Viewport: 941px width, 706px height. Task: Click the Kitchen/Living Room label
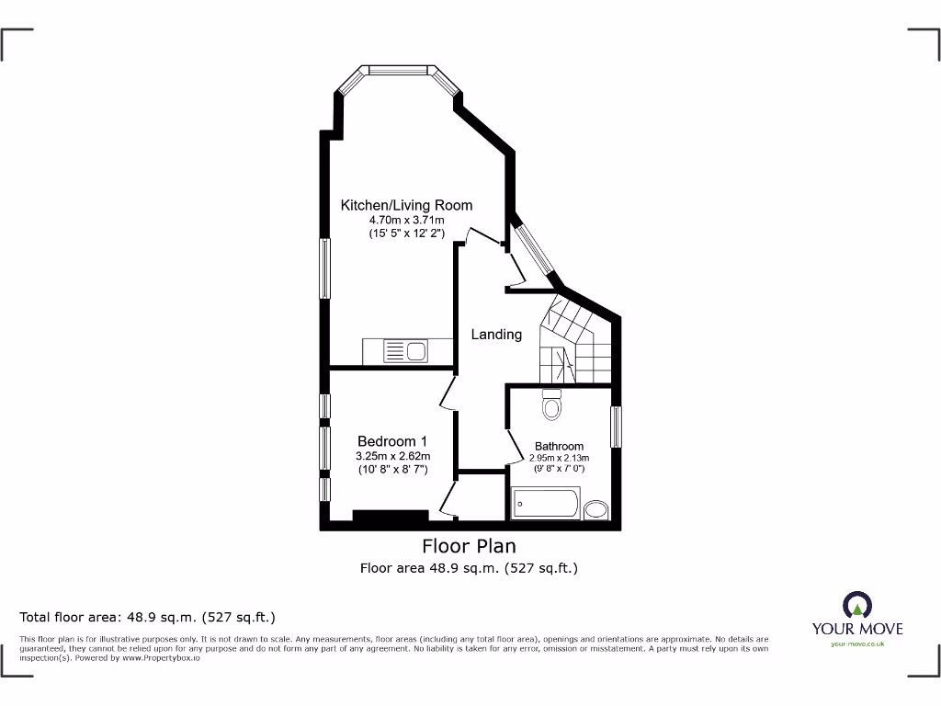tap(406, 205)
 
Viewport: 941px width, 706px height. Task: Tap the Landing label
tap(496, 335)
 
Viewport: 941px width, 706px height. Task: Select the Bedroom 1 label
tap(392, 441)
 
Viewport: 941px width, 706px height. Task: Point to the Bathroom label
tap(559, 447)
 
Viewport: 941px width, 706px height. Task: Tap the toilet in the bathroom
tap(551, 404)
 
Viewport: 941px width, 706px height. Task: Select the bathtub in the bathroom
tap(546, 505)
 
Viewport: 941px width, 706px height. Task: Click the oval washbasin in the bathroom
tap(597, 510)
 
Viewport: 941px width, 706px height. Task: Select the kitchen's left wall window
tap(324, 268)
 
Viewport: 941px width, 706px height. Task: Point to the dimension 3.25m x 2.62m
tap(392, 456)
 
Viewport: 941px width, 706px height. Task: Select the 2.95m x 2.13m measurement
tap(559, 458)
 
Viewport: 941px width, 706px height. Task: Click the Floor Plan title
tap(469, 547)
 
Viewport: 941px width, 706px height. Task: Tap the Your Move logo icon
tap(856, 605)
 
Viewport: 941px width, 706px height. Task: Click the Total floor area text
tap(147, 617)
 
